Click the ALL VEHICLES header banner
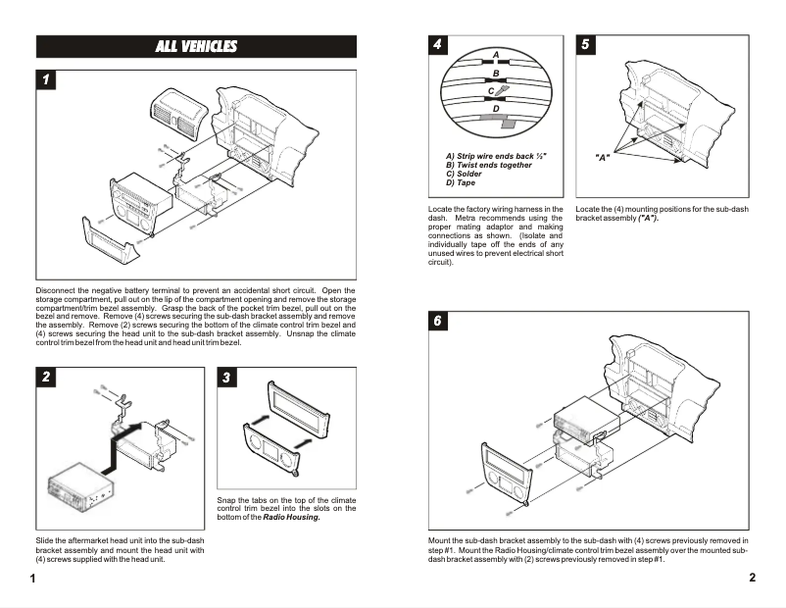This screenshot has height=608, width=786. coord(196,46)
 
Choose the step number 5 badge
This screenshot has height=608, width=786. coord(585,45)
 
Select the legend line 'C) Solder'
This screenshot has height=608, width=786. coord(469,174)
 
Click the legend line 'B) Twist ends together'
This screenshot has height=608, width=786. coord(488,165)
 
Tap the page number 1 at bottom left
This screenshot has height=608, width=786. coord(32,579)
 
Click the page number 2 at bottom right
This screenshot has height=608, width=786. coord(752,578)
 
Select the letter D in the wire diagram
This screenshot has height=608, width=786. coord(496,108)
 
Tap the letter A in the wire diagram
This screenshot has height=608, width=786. coord(496,53)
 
